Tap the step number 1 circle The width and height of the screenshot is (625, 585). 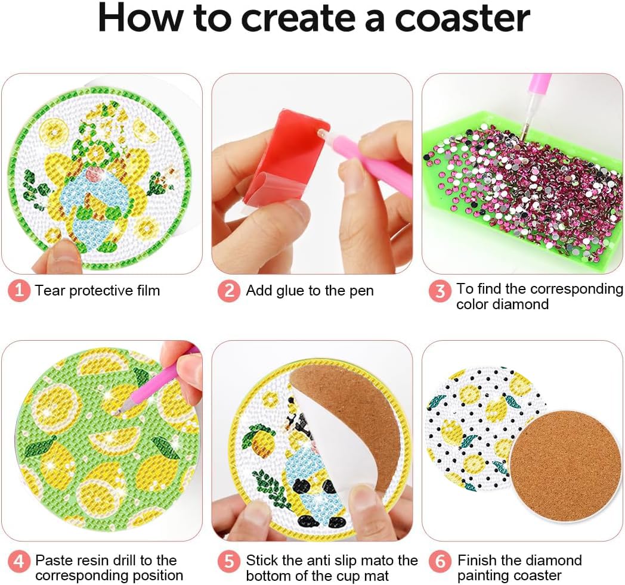(18, 290)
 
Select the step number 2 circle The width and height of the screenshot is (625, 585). (229, 291)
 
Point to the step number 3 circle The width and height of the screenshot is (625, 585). (440, 291)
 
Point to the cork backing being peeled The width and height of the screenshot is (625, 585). (351, 422)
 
